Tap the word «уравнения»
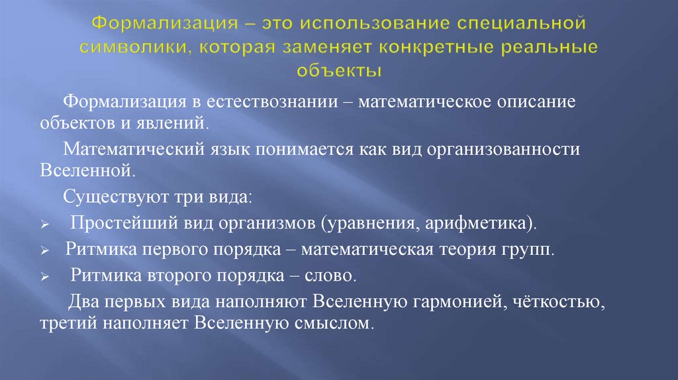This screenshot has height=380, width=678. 369,223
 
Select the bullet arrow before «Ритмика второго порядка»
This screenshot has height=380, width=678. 43,278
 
